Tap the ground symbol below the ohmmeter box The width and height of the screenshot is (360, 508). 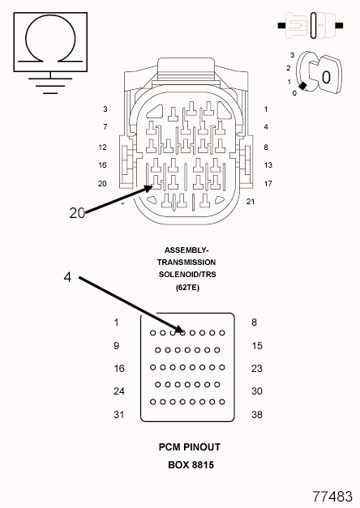[50, 83]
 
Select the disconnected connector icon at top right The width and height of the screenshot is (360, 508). [311, 25]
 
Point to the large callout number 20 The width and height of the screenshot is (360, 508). [77, 213]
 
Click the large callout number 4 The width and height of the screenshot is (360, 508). [67, 277]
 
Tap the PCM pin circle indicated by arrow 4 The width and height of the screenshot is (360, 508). [182, 333]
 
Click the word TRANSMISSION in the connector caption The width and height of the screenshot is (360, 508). [186, 262]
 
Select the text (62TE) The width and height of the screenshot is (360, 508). [187, 287]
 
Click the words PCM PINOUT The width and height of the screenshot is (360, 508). [190, 447]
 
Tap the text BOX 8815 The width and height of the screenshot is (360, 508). [191, 465]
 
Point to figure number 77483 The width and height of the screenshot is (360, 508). [332, 496]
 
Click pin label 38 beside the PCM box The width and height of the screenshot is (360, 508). [257, 414]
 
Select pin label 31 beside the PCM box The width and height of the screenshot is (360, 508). [118, 414]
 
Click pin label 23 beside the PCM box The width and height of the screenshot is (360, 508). [257, 369]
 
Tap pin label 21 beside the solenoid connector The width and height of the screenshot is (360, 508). [251, 202]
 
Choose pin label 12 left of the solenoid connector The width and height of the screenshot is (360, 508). [102, 147]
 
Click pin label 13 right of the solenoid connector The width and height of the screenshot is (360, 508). [268, 165]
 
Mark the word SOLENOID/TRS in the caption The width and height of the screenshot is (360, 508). [187, 275]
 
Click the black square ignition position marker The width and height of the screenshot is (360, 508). [302, 86]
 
